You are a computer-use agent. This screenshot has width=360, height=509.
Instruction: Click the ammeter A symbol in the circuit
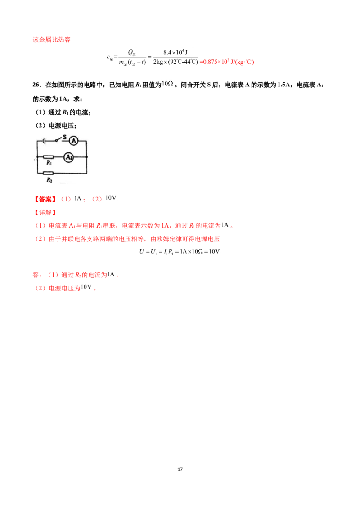pos(74,141)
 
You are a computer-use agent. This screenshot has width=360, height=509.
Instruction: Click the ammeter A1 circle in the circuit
pos(68,157)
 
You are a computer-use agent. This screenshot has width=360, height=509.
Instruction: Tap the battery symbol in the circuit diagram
pos(44,141)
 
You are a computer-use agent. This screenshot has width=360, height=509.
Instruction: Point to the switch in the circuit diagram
pos(58,139)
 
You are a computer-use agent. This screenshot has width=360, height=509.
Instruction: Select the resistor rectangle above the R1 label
pos(49,157)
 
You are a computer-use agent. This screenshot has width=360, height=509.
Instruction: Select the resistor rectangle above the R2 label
pos(49,174)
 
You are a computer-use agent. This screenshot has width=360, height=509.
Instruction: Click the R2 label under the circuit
pos(49,180)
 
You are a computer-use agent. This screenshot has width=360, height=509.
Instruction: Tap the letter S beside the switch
pos(64,137)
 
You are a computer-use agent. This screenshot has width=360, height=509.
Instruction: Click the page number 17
pos(180,469)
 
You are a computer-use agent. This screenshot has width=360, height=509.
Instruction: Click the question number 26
pos(37,85)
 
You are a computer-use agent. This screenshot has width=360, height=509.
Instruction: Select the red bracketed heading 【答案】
pos(45,199)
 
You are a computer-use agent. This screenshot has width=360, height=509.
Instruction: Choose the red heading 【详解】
pos(45,213)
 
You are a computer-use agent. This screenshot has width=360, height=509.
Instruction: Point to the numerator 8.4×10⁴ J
pos(175,52)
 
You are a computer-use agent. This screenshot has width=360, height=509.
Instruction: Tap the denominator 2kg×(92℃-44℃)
pos(175,62)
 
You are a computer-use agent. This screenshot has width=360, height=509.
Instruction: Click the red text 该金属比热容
pos(52,40)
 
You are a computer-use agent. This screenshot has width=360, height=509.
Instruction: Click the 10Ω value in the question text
pos(167,84)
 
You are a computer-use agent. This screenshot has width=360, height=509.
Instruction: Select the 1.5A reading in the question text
pos(283,85)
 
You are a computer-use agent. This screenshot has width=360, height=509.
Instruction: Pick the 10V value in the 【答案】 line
pos(111,198)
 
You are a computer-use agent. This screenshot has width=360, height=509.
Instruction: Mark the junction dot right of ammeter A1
pos(87,157)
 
